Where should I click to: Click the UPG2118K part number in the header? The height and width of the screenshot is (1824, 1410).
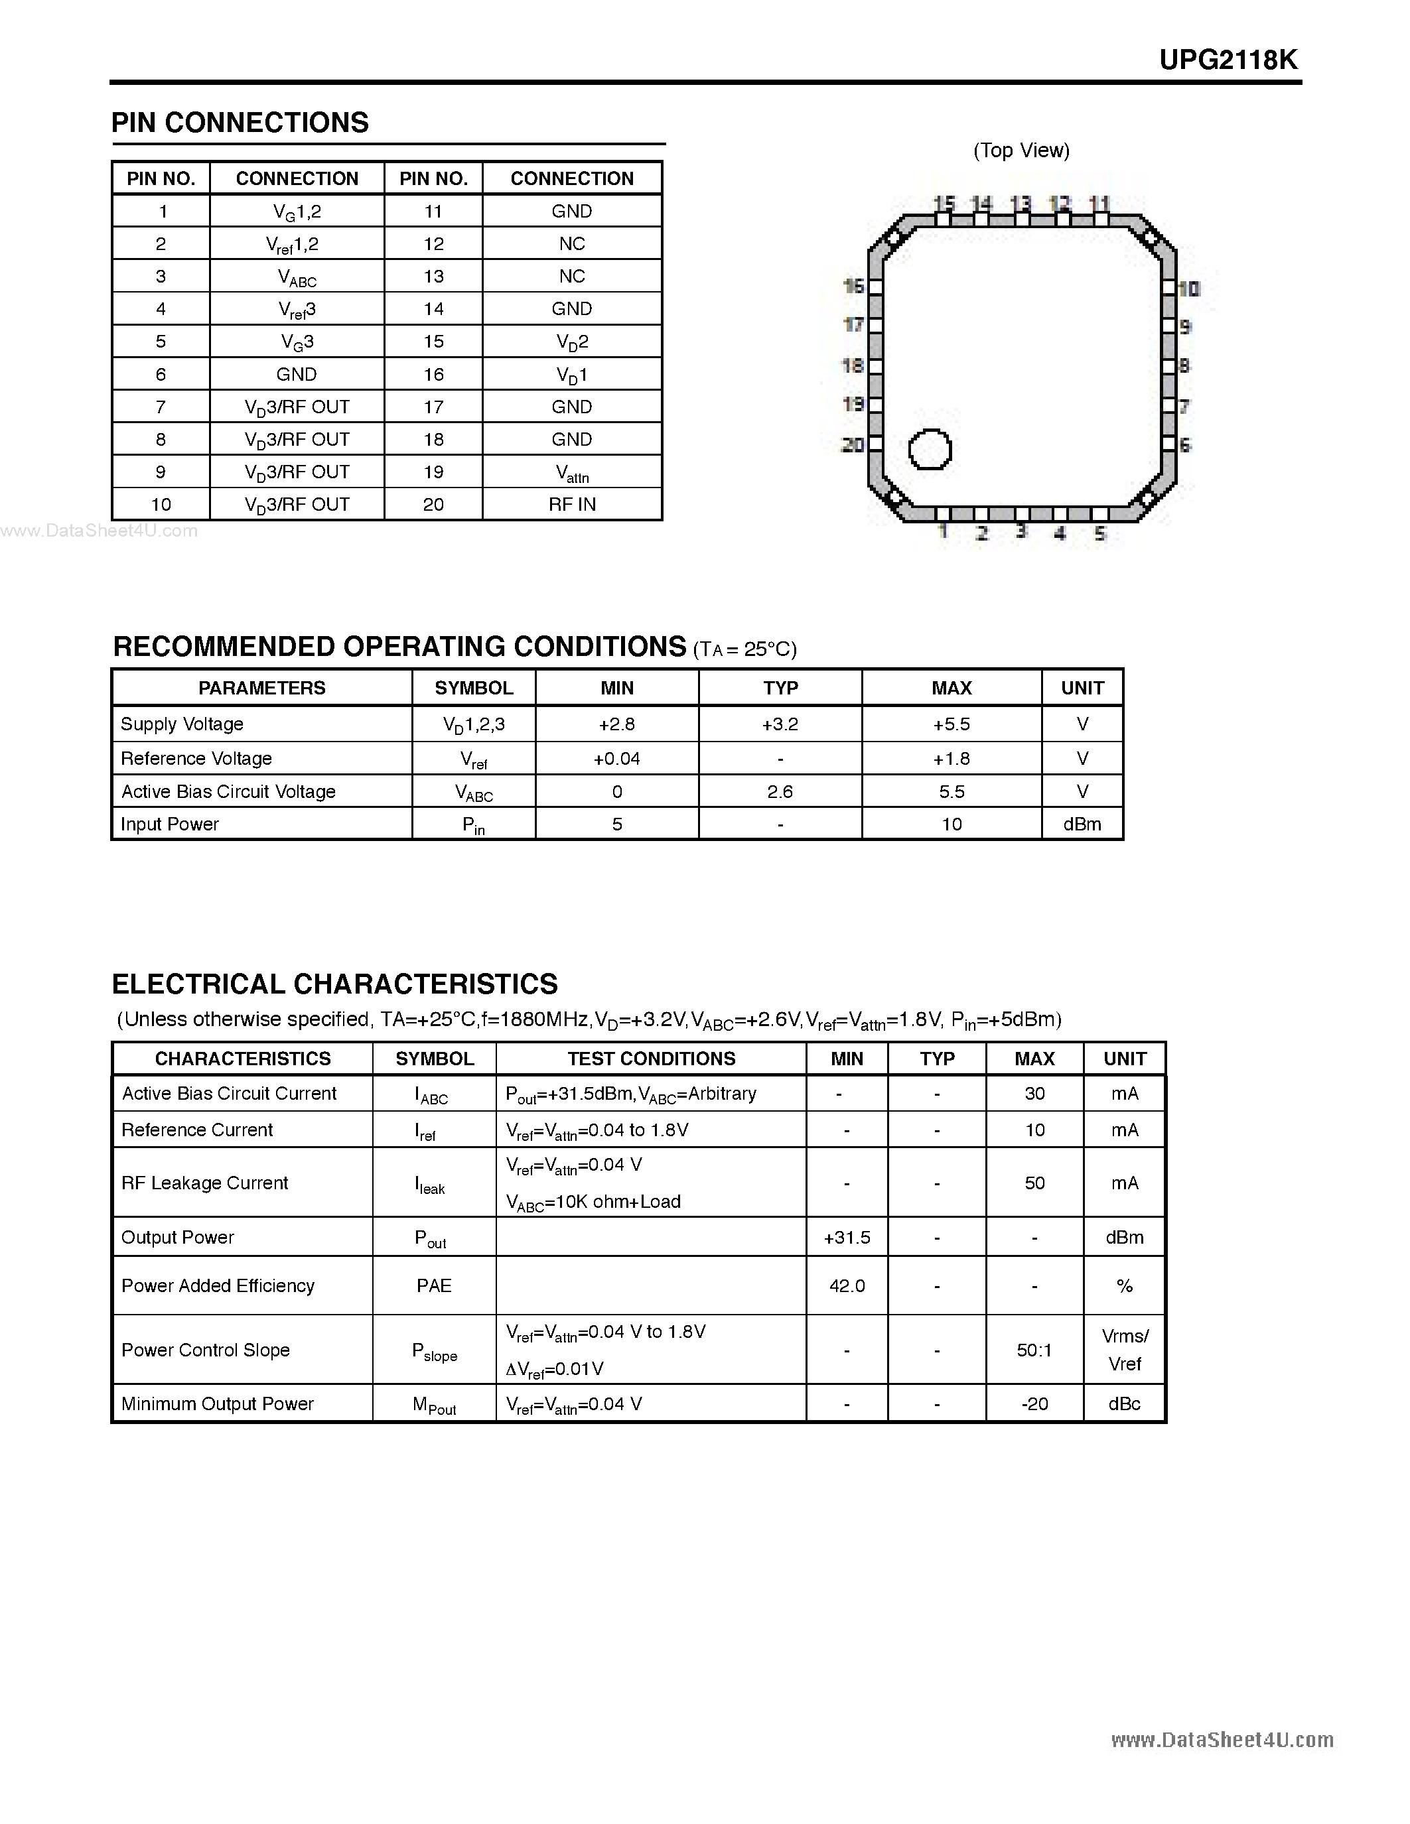pos(1228,60)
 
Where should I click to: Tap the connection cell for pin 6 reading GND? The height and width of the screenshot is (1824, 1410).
pos(297,374)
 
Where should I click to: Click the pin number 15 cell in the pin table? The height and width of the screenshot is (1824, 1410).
pos(433,342)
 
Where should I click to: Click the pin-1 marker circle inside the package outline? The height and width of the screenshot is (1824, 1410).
pos(930,449)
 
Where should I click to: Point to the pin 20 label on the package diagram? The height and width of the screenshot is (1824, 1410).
pos(852,445)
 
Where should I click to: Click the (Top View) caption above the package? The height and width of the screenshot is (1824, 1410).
pos(1021,151)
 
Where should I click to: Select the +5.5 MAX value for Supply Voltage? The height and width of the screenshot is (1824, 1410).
pos(952,724)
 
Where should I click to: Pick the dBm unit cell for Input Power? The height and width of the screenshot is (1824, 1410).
pos(1082,824)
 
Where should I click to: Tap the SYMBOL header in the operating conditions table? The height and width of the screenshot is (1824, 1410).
pos(474,688)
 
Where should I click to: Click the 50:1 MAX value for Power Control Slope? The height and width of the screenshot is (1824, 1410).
pos(1034,1350)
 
